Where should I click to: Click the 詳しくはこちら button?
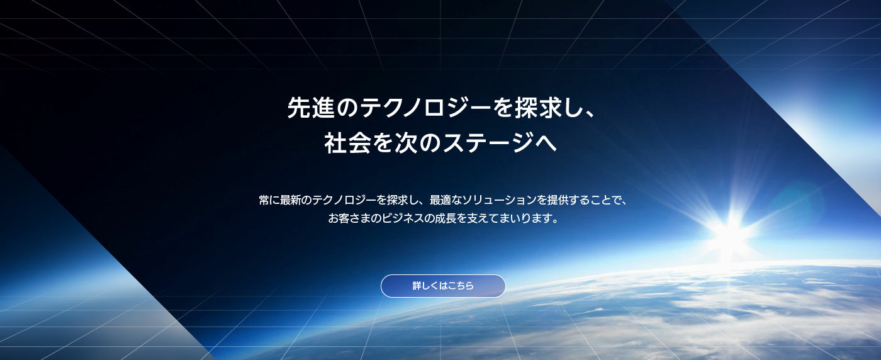pos(443,286)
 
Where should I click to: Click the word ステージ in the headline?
pos(480,142)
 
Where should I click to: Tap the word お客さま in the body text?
pos(349,219)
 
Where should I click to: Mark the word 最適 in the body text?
pos(441,200)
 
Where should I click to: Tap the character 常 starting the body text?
pos(264,200)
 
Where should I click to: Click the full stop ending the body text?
pos(554,222)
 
